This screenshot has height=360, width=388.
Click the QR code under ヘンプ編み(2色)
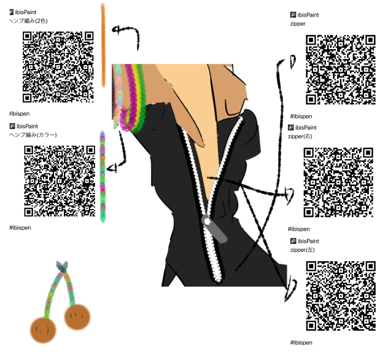[x=58, y=67]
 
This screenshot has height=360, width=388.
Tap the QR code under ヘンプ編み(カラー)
[x=60, y=181]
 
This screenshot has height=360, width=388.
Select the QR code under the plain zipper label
[x=341, y=69]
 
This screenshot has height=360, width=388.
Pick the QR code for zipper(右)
[x=338, y=182]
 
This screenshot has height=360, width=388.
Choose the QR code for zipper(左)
[x=341, y=295]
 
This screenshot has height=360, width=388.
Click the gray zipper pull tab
[x=214, y=229]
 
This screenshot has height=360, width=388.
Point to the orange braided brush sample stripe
[x=103, y=45]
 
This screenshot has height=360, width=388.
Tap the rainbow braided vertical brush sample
[x=103, y=177]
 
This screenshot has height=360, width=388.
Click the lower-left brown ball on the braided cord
[x=43, y=331]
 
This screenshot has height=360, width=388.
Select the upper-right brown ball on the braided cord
[x=77, y=317]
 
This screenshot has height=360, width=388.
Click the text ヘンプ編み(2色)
[x=28, y=21]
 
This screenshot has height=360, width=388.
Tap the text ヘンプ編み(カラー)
[x=33, y=135]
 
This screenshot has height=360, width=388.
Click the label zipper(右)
[x=300, y=136]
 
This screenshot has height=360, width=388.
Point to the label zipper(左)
[x=303, y=250]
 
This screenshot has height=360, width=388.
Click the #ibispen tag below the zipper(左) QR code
[x=301, y=343]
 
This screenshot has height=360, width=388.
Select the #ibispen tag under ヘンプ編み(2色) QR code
[x=19, y=114]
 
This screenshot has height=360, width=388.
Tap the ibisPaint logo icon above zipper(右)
[x=291, y=128]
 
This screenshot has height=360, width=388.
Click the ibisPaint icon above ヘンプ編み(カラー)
[x=12, y=127]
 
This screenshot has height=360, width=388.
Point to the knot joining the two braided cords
[x=62, y=265]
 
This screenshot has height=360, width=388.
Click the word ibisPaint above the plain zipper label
[x=308, y=15]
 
